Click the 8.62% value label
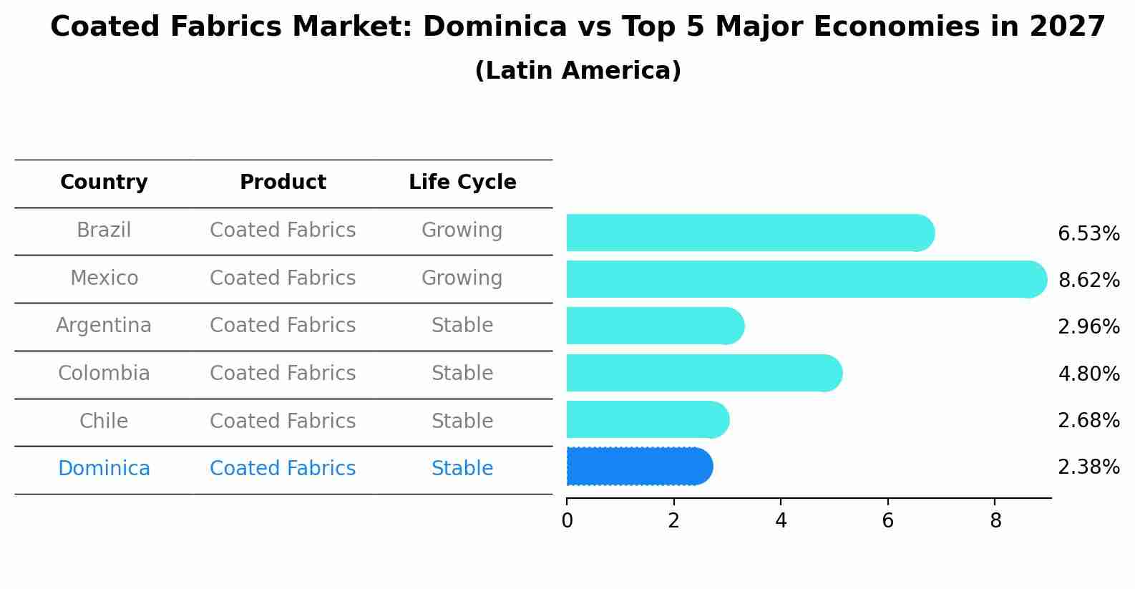point(1088,280)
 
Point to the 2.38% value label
point(1088,467)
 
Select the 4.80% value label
point(1088,374)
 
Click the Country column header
point(104,182)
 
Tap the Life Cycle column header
point(462,182)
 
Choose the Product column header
point(283,182)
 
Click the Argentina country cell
point(104,326)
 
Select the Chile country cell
point(104,421)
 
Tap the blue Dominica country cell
point(104,469)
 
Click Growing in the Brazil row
point(462,230)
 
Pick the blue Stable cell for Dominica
point(462,469)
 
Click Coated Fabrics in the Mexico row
point(283,278)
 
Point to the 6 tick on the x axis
point(887,521)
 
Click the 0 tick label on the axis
point(567,521)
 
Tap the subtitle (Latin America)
point(578,71)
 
